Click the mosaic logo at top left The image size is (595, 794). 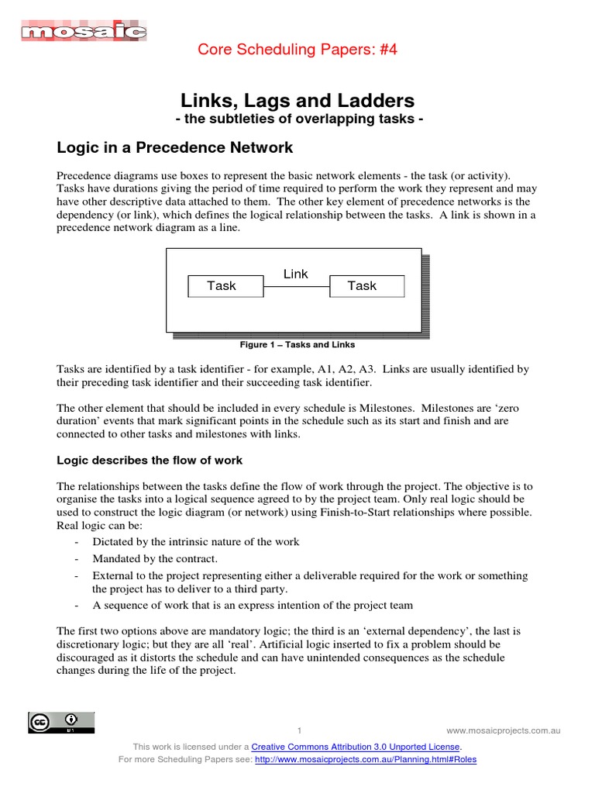coord(83,31)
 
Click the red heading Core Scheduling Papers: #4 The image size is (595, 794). coord(297,50)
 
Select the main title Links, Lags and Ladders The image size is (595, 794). coord(297,101)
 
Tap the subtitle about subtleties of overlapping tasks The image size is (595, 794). coord(297,119)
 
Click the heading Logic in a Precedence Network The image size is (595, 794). coord(175,148)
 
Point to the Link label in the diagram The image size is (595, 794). coord(296,274)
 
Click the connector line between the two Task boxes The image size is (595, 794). coord(296,287)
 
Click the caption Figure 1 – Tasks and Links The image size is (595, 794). coord(297,344)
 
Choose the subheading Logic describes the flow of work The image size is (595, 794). coord(150,460)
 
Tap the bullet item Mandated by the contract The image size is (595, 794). coord(155,558)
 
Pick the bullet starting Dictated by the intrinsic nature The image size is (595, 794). coord(195,541)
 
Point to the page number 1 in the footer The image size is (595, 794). coord(299,730)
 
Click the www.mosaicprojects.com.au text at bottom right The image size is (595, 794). coord(503,730)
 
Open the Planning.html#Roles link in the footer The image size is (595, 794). coord(366,759)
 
